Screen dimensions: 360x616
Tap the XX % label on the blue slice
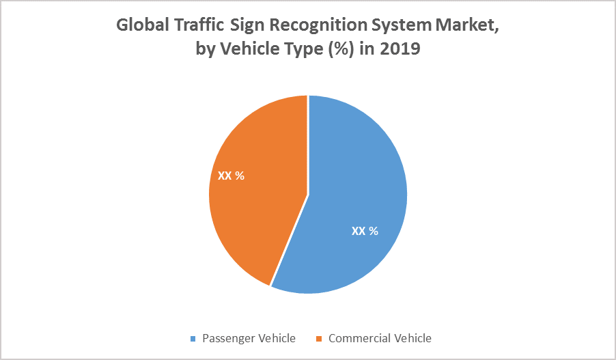click(365, 231)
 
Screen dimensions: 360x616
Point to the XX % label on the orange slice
click(231, 176)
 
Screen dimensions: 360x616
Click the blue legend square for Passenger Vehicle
click(193, 339)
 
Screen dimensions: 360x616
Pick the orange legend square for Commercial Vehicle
click(318, 339)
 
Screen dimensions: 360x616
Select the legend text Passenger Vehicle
click(249, 338)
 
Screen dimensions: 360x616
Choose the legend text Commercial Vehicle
click(380, 338)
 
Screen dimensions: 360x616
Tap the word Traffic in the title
click(198, 25)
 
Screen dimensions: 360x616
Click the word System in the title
click(396, 25)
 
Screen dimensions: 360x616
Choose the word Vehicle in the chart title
click(244, 50)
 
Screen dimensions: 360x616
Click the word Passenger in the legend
click(229, 338)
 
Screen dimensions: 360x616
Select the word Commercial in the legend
click(359, 338)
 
